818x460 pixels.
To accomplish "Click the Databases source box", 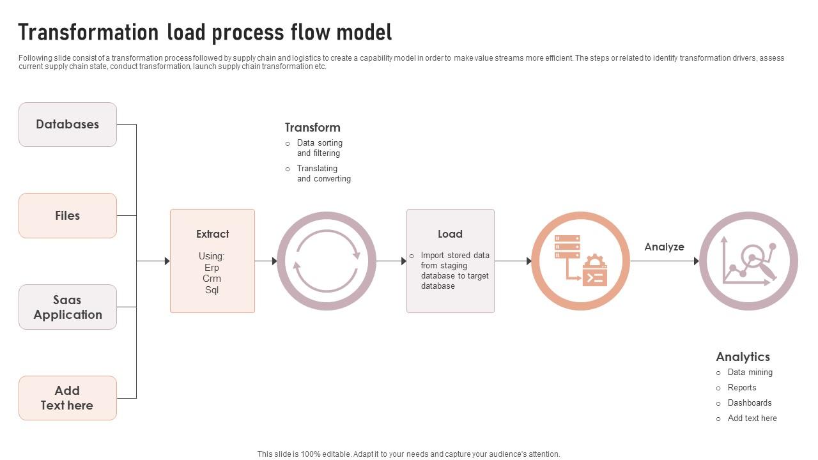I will pos(68,125).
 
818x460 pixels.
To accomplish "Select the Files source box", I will pos(68,216).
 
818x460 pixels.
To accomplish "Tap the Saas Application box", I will pos(68,307).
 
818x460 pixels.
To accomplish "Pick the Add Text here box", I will pos(68,398).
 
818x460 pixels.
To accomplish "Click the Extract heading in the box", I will pos(212,234).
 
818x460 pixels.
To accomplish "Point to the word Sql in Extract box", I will pos(212,290).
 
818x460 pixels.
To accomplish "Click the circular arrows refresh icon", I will pos(327,261).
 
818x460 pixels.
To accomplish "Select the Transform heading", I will pos(313,128).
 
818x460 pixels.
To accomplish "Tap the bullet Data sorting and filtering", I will pos(319,148).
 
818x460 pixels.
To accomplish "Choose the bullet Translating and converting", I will pos(323,174).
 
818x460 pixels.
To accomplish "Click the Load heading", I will pos(450,234).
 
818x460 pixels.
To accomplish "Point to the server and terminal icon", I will pos(580,261).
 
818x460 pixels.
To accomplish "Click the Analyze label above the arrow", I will pos(664,247).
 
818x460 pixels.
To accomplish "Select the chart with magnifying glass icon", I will pos(748,261).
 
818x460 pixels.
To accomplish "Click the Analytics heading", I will pos(743,356).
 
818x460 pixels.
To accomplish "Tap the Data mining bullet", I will pos(750,372).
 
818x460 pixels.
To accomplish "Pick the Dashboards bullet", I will pos(749,403).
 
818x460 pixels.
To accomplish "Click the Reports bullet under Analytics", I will pos(741,388).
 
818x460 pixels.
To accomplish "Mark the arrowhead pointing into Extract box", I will pos(167,261).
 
